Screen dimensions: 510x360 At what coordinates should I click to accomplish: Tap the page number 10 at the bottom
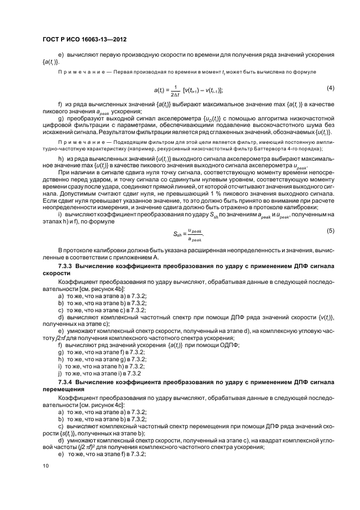point(46,466)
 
